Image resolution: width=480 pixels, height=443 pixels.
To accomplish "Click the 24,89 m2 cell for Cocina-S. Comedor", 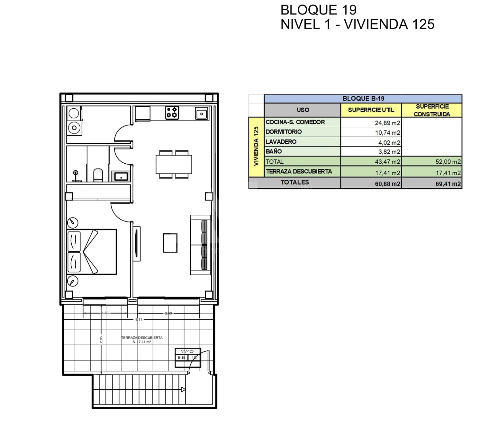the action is pos(387,123).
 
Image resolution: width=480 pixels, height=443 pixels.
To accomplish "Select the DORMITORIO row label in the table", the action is pos(284,132).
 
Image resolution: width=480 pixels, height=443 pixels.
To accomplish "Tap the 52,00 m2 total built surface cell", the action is pos(448,162).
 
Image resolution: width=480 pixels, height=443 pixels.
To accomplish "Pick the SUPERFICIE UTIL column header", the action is pos(371,110).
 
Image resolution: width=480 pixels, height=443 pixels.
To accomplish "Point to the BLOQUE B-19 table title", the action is pos(363,98).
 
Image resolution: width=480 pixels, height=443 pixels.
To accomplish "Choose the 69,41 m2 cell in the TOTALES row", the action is pos(448,184).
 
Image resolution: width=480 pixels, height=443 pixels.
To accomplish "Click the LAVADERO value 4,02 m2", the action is pos(389,143).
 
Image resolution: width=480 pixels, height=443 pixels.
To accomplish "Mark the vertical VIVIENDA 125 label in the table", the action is pos(256,146).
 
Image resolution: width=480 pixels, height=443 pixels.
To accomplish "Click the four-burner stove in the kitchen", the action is pos(172,113).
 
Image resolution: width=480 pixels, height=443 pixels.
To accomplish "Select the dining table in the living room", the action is pos(174,164).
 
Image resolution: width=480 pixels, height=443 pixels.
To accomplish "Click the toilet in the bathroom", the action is pos(98,175).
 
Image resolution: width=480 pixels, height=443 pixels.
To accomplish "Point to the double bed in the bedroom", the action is pos(92,252).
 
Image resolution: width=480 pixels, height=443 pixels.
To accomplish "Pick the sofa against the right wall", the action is pos(200,245).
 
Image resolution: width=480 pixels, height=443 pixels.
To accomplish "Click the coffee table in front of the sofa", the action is pos(170,243).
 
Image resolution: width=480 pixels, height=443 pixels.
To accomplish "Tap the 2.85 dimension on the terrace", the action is pos(101,340).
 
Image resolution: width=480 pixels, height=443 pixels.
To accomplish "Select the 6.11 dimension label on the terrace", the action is pos(139,320).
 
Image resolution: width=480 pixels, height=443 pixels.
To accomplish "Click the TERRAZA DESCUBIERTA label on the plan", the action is pos(142,337).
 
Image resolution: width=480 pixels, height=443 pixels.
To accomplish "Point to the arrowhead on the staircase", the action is pos(183,389).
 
